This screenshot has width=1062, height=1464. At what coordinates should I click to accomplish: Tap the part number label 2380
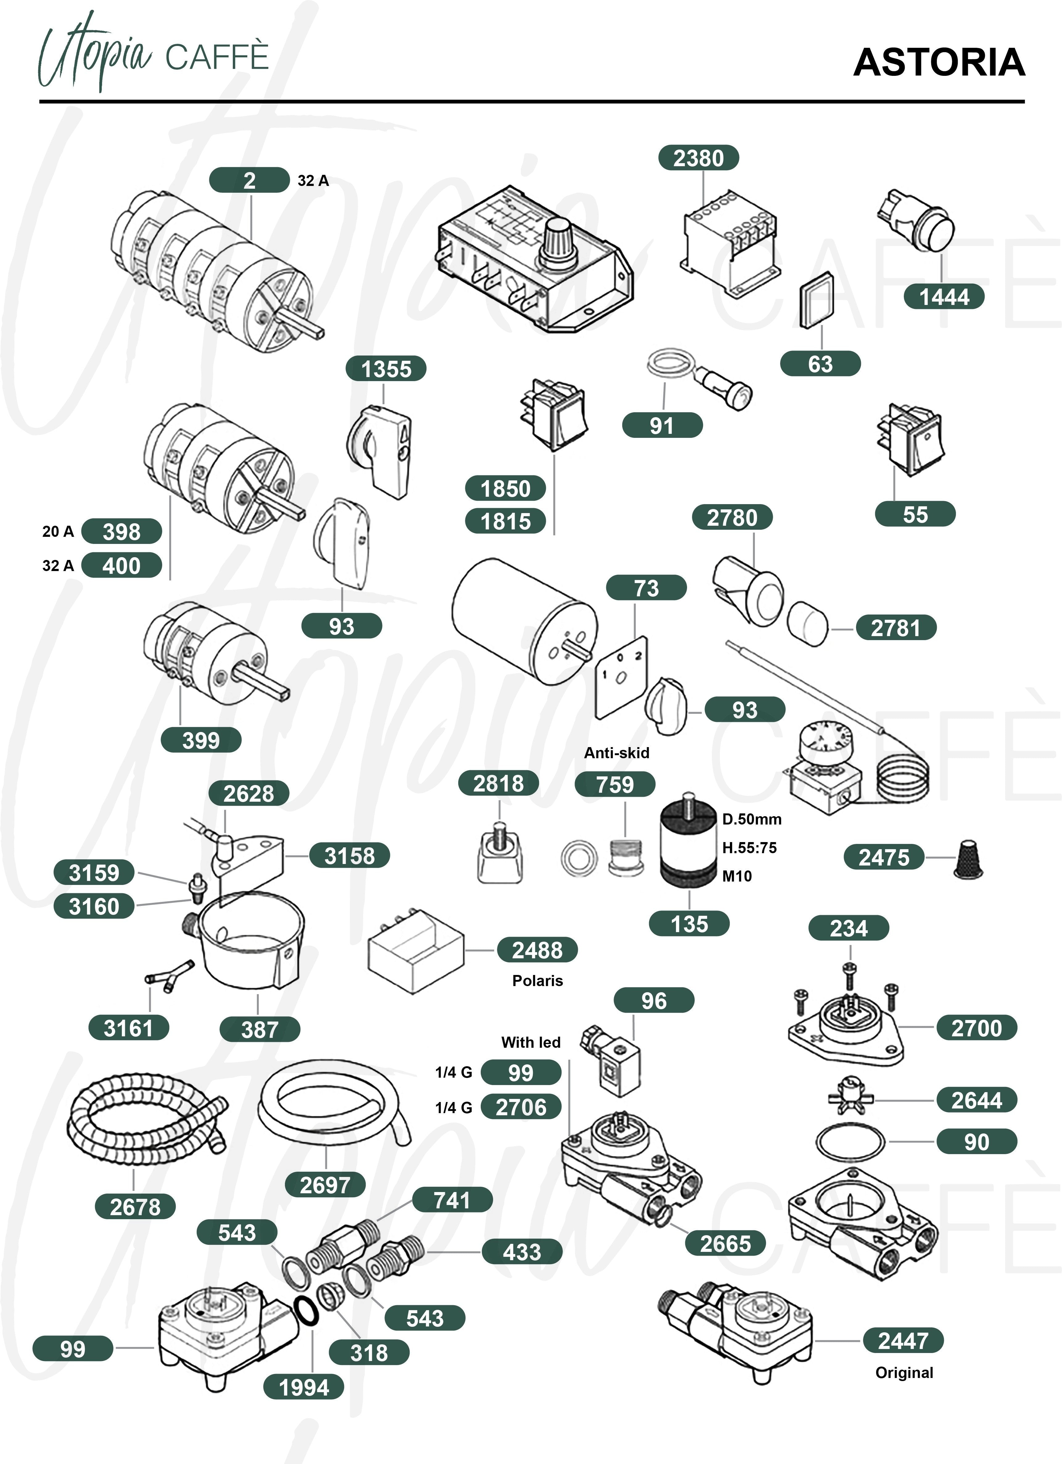pos(698,158)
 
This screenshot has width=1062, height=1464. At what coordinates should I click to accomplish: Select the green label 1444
pos(944,297)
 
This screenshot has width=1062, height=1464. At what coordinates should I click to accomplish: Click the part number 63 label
pos(820,364)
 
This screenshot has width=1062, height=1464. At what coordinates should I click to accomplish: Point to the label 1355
pos(386,368)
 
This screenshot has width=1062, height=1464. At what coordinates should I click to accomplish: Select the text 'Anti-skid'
pos(616,753)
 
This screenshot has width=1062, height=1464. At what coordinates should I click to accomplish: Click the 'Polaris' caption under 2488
pos(537,981)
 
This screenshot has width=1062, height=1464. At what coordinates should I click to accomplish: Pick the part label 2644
pos(976,1100)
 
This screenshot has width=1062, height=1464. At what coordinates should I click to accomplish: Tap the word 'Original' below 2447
pos(904,1372)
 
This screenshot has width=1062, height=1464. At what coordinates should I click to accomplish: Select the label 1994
pos(303,1387)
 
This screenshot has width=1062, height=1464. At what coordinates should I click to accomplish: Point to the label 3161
pos(129,1028)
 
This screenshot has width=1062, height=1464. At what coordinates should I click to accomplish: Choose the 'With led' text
pos(531,1042)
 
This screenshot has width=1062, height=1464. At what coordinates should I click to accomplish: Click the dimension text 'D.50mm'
pos(751,819)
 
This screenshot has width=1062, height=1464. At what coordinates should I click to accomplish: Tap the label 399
pos(201,740)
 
